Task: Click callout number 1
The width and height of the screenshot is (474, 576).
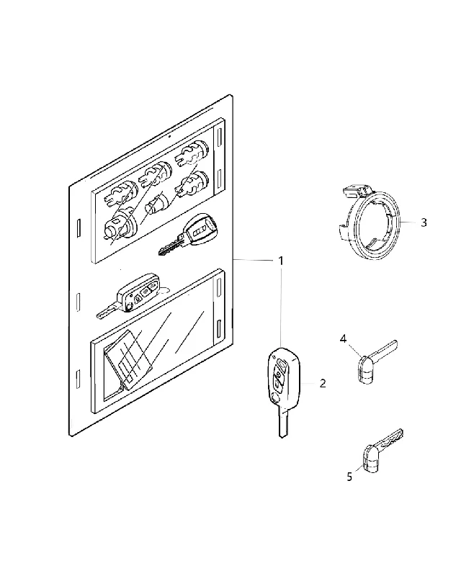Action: (x=281, y=261)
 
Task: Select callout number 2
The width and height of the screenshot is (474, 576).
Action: (x=323, y=384)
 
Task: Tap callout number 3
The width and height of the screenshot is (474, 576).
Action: (x=424, y=222)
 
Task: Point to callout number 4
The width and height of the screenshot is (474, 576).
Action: (x=343, y=338)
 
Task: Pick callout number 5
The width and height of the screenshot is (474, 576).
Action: (x=349, y=477)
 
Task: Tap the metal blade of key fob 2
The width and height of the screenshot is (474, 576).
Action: (x=282, y=423)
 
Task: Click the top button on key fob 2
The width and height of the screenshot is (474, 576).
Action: (x=282, y=364)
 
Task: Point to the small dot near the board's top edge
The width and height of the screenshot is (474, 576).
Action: (x=170, y=137)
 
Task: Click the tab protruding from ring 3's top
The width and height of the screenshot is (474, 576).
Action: (x=357, y=190)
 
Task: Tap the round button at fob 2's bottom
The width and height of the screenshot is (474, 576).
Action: (x=274, y=398)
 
